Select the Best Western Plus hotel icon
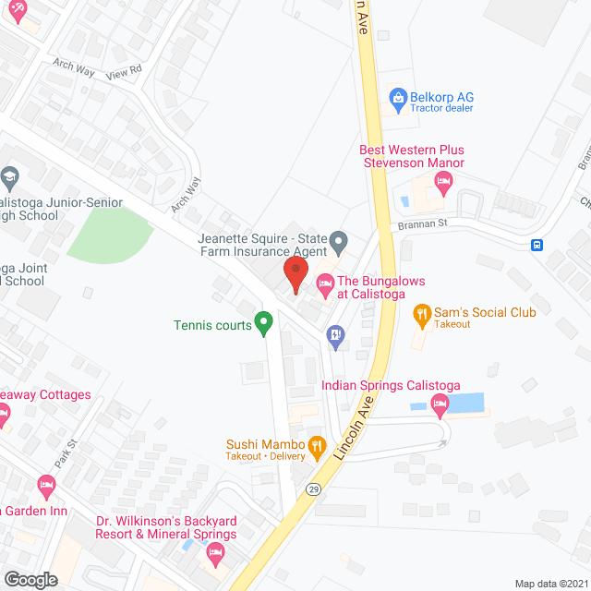442,186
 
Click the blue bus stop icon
537,245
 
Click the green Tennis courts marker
263,323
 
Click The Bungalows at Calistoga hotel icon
324,286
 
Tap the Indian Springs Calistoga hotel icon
440,402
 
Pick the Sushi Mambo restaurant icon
317,447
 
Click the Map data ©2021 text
550,583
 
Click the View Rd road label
123,71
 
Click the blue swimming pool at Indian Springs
466,403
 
